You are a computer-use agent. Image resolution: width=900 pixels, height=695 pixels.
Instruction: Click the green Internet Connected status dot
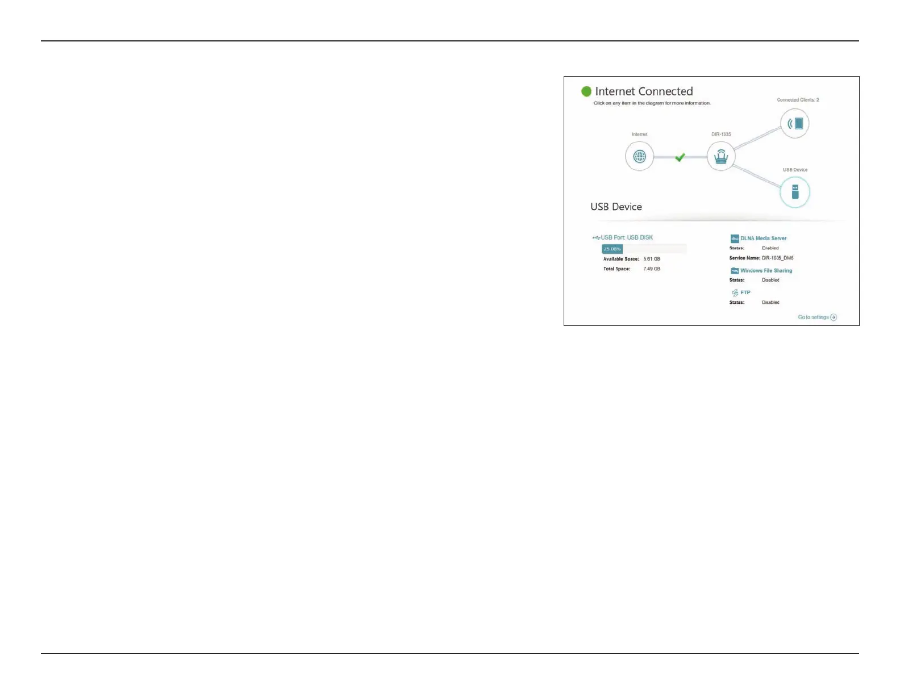(586, 91)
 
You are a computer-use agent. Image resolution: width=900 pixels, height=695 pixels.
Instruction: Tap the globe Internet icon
(639, 157)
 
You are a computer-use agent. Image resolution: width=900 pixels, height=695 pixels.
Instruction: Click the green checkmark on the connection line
(680, 157)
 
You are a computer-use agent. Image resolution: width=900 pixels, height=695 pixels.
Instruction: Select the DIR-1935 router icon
(720, 156)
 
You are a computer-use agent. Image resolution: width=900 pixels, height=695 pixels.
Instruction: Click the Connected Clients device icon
(794, 123)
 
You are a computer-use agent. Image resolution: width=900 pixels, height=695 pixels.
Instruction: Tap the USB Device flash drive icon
(794, 192)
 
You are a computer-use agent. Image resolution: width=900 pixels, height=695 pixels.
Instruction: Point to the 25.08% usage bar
(612, 249)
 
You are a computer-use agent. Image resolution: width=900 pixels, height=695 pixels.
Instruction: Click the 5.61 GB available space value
(652, 259)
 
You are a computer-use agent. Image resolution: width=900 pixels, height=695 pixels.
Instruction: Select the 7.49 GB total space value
(652, 269)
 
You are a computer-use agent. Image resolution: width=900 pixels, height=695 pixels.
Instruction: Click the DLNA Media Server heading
(763, 238)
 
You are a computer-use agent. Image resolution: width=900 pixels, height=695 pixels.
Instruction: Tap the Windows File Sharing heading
(766, 271)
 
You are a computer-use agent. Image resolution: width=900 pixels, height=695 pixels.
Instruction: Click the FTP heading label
(745, 292)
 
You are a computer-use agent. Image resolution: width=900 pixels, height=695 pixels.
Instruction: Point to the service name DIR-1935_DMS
(777, 258)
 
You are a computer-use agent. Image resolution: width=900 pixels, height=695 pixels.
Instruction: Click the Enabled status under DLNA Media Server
(770, 248)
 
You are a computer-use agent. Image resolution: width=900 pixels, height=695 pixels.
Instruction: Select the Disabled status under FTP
(770, 303)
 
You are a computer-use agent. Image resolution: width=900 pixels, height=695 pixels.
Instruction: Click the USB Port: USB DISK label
(627, 237)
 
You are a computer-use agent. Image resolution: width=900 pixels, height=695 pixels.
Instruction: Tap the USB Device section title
(616, 207)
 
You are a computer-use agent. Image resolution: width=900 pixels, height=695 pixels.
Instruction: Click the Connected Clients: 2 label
(798, 100)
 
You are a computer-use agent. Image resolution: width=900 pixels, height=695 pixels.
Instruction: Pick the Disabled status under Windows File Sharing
(770, 280)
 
